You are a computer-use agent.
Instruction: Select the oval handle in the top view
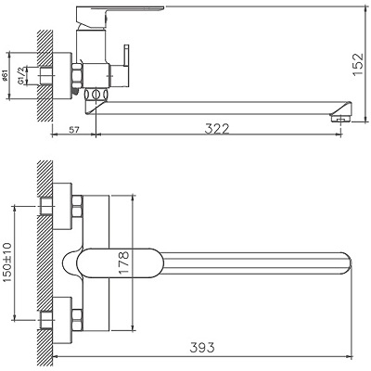coord(102,262)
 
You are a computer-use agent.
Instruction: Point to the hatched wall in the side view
coord(42,74)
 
